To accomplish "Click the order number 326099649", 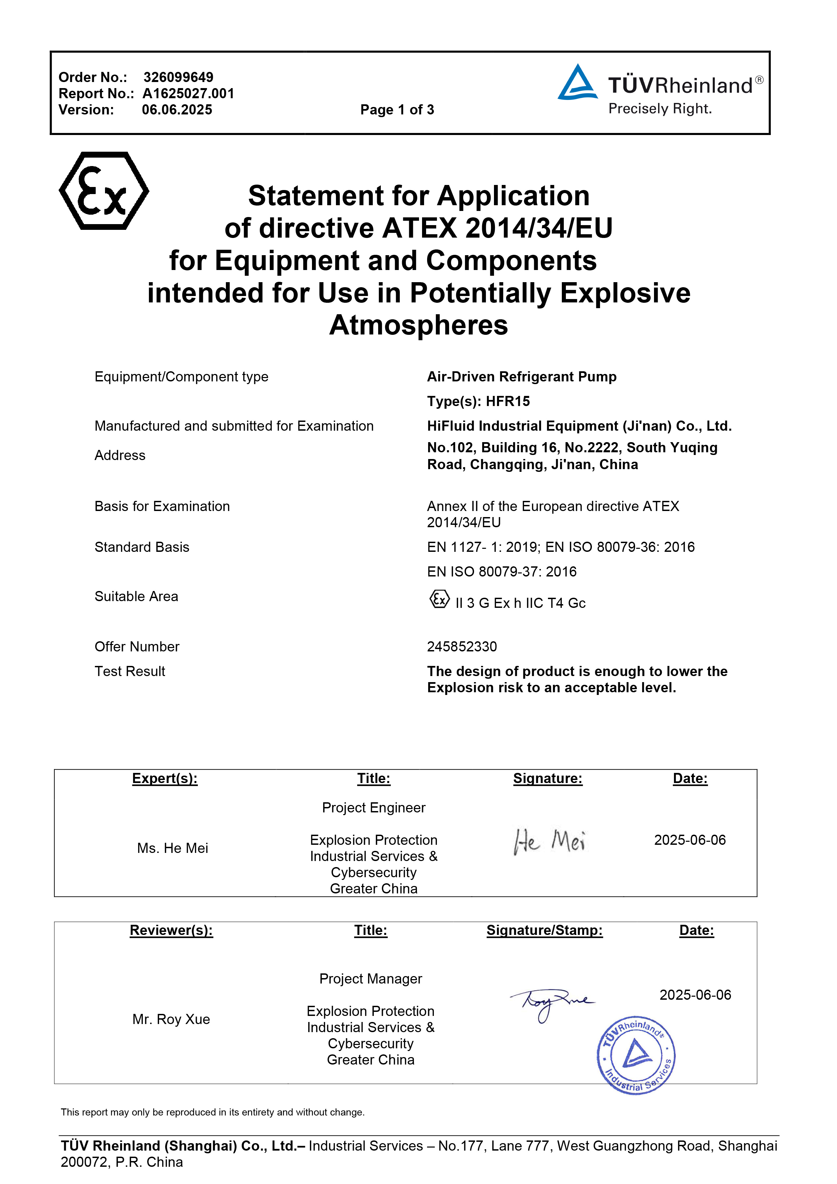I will [x=178, y=77].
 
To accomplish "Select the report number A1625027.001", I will [x=188, y=93].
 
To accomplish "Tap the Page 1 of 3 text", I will [x=397, y=110].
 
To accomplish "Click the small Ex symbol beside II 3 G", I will [x=439, y=599].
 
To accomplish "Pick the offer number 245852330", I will [x=462, y=647].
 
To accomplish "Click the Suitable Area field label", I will [x=136, y=597].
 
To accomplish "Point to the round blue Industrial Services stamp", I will [x=636, y=1055].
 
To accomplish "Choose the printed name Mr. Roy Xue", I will [x=171, y=1020].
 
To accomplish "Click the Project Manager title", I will [x=370, y=979].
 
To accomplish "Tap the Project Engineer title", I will [x=373, y=808].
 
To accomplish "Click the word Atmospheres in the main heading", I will [x=418, y=325].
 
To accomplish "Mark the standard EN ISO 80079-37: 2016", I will [x=501, y=572].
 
